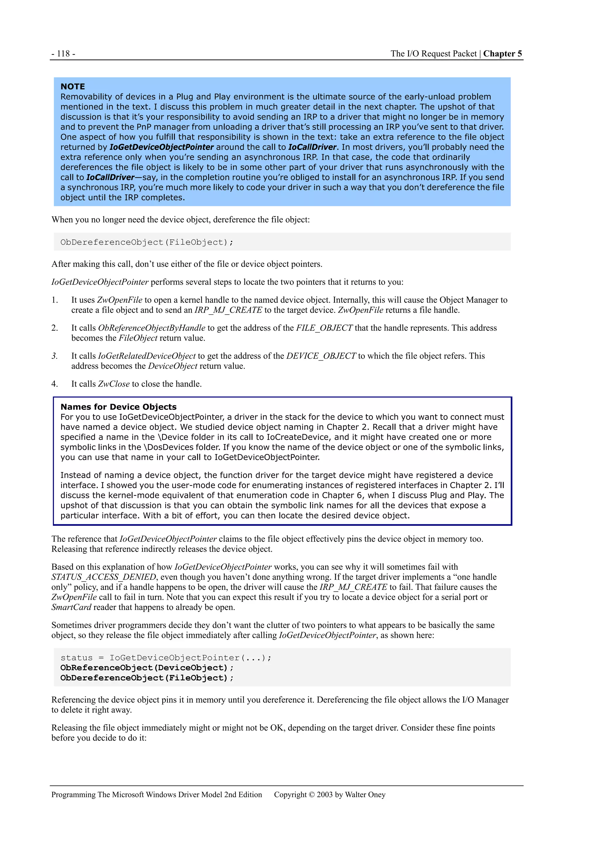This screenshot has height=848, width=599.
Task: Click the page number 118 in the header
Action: coord(63,54)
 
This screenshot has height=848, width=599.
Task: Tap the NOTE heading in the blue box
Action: coord(73,86)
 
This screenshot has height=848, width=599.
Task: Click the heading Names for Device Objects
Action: coord(118,407)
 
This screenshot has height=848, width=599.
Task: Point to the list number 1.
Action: coord(55,300)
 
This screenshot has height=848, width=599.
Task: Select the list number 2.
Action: coord(55,328)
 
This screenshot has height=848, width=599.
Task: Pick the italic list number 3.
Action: coord(55,356)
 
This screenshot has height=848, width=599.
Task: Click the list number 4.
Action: coord(55,384)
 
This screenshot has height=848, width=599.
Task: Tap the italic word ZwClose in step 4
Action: coord(114,384)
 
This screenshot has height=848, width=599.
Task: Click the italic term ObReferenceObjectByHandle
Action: coord(151,328)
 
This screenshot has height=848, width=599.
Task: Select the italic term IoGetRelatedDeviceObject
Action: coord(147,356)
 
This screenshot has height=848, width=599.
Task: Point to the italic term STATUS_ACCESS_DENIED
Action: coord(104,577)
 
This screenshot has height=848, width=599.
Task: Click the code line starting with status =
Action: coord(166,658)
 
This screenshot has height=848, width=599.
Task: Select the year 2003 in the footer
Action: coord(325,795)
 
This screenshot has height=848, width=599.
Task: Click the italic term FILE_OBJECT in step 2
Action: coord(324,328)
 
